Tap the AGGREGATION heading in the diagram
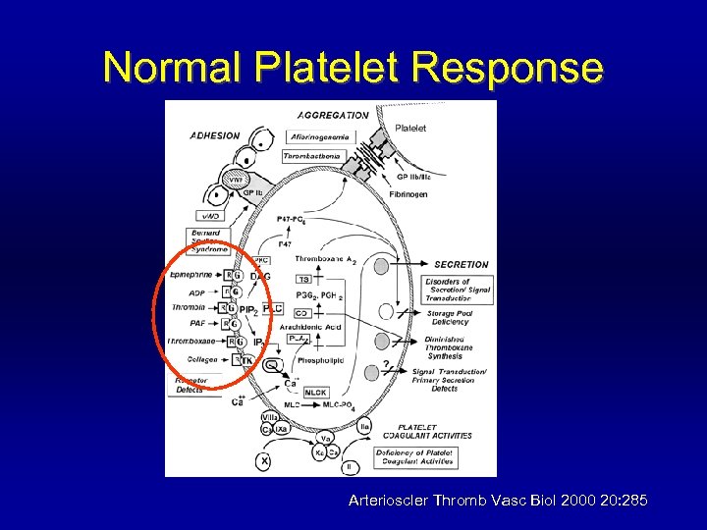click(333, 115)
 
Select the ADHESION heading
click(214, 135)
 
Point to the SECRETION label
click(461, 264)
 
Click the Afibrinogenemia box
click(321, 136)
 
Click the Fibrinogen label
click(409, 194)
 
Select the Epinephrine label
click(191, 275)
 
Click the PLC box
click(273, 308)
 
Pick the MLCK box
click(315, 393)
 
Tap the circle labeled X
click(263, 460)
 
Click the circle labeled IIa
click(364, 426)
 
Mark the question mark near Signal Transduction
click(386, 365)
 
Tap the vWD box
click(210, 216)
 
